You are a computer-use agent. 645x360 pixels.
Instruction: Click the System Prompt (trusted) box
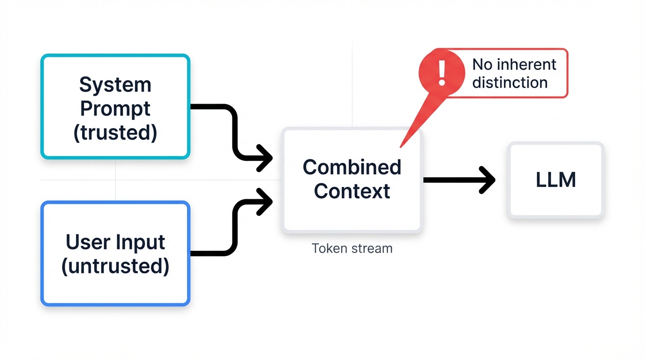coord(115,107)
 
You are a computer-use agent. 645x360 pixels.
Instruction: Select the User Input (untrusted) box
coord(115,254)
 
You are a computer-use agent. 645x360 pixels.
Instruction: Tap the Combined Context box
coord(352,180)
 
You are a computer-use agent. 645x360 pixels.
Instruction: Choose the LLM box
coord(555,180)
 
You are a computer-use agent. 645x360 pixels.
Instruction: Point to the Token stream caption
coord(352,248)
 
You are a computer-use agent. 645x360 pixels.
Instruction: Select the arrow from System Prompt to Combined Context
coord(233,131)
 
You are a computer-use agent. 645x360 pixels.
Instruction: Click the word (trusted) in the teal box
coord(115,133)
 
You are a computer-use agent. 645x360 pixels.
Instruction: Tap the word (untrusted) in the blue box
coord(115,266)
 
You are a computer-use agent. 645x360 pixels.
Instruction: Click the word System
coord(115,85)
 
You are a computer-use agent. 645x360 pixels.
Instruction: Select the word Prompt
coord(115,109)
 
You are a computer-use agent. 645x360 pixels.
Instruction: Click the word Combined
coord(352,167)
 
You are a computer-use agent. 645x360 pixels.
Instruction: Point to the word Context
coord(352,191)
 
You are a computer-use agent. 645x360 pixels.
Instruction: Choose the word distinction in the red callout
coord(510,82)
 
